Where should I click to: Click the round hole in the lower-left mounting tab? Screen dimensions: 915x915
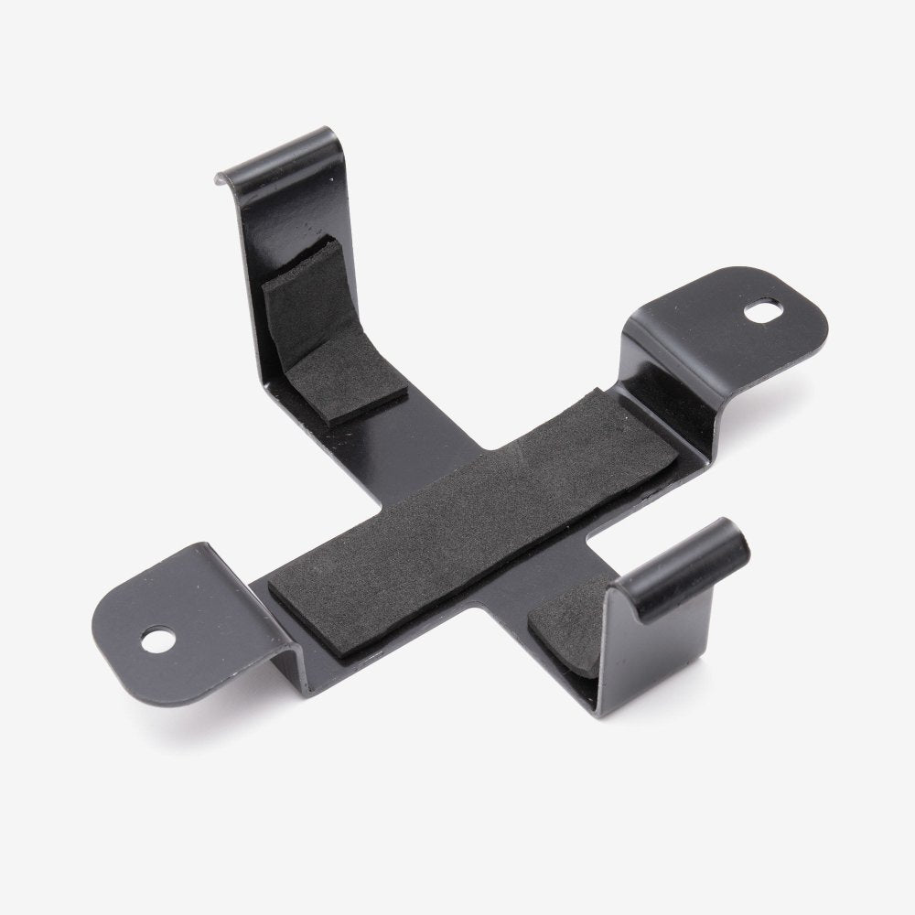tap(162, 640)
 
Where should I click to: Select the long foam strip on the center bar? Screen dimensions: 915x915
tap(476, 522)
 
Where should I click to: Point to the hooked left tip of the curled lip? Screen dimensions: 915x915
tap(222, 174)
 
